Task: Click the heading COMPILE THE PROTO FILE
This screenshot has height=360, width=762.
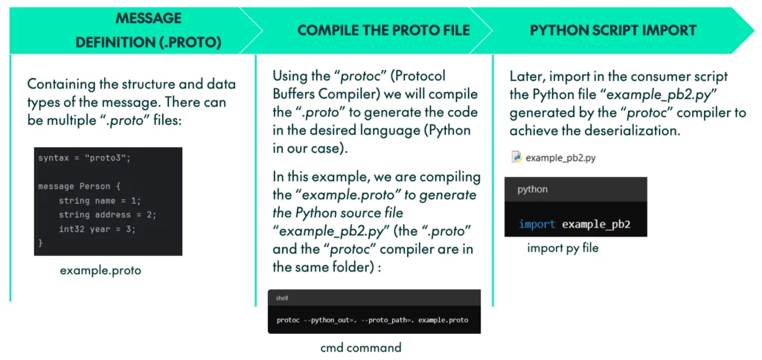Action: tap(383, 30)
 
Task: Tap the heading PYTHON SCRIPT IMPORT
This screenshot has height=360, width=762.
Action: tap(613, 30)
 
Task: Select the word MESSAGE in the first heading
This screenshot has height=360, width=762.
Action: tap(148, 19)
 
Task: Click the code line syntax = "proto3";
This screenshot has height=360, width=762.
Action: tap(84, 159)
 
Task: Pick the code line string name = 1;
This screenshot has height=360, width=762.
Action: tap(100, 201)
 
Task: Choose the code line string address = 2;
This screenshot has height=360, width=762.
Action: tap(107, 215)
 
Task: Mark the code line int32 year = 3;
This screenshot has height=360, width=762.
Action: tap(97, 229)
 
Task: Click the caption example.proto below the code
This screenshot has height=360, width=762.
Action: tap(100, 271)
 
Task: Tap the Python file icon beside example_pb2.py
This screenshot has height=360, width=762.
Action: tap(516, 157)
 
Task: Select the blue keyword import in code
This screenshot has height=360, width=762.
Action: tap(537, 225)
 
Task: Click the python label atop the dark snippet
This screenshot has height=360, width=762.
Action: tap(532, 190)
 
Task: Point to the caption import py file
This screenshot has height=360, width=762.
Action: tap(563, 248)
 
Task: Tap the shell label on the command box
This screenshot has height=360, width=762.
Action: tap(282, 298)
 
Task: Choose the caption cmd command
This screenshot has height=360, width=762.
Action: tap(361, 348)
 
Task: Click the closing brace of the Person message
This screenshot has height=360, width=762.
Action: tap(40, 242)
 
